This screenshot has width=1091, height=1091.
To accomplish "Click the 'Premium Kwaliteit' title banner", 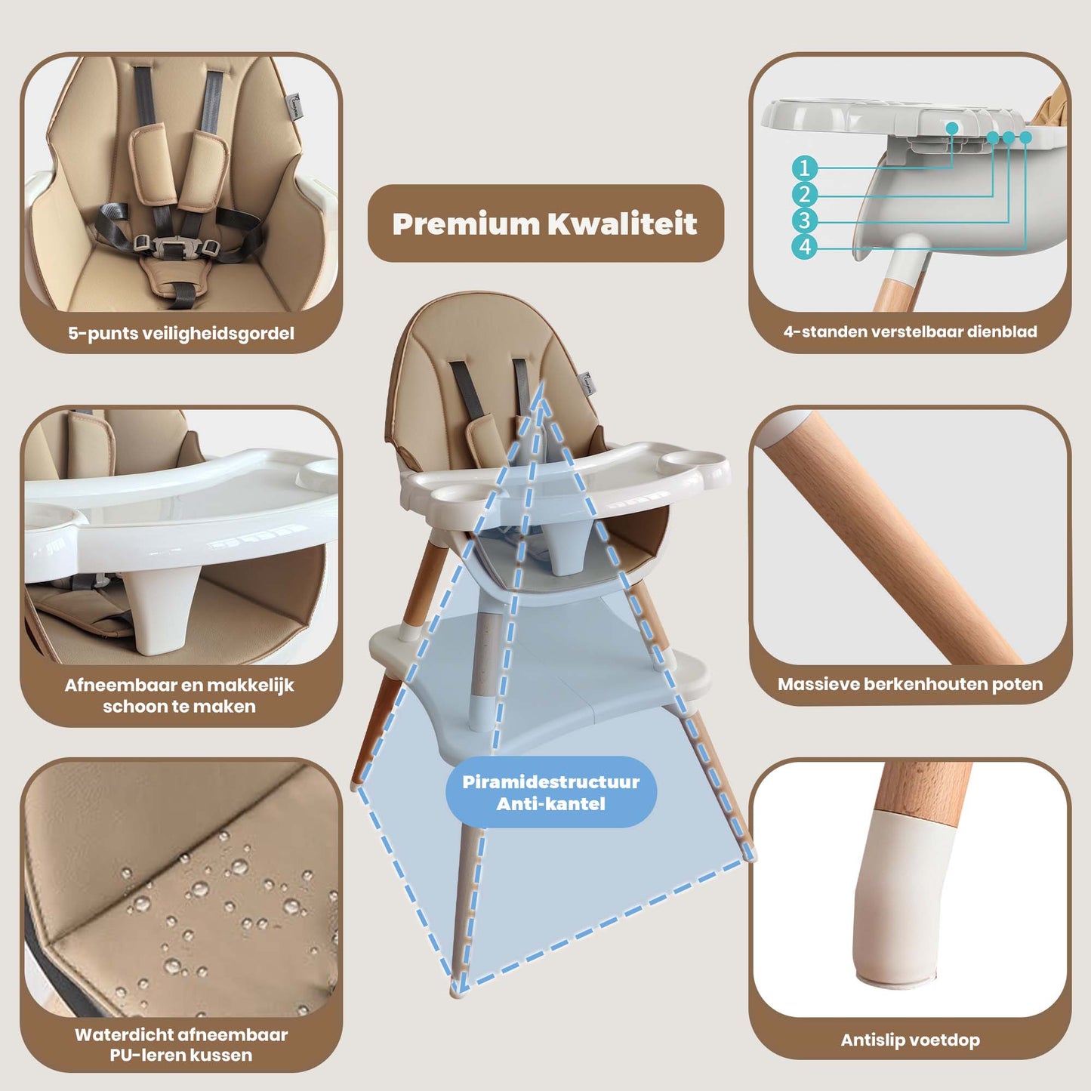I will coord(545,223).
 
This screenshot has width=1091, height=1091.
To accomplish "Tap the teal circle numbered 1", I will coord(805,168).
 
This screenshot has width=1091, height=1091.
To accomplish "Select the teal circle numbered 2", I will coord(805,195).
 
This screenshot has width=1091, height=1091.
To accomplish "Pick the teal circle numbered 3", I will coord(805,220).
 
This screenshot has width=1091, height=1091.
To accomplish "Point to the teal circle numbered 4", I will coord(805,247).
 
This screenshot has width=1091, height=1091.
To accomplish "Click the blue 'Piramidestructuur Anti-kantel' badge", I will coord(551,792).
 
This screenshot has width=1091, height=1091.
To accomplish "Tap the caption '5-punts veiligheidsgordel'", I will coord(181,333).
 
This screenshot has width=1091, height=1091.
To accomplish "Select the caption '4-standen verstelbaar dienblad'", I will coord(910,331).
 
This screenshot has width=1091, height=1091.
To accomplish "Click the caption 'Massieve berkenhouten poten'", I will coord(910,684).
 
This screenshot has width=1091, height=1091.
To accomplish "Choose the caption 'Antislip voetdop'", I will coord(910,1040).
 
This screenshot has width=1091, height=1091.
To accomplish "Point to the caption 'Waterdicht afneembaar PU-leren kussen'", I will coord(181,1044).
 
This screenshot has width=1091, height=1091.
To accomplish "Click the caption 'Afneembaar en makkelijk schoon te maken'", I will coord(180,695).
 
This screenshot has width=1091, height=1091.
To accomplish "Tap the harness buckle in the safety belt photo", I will coord(176,246).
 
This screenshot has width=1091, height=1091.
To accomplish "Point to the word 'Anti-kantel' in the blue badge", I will coord(551,803).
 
